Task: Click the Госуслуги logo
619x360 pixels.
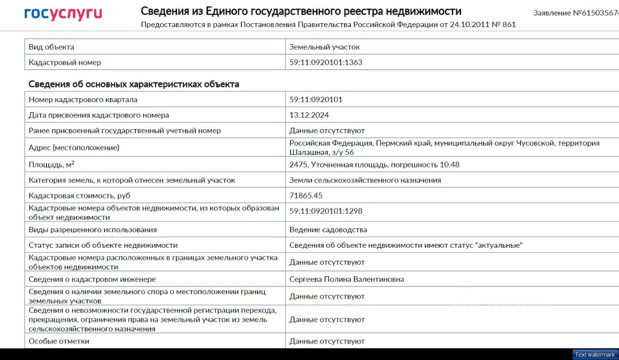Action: [x=63, y=14]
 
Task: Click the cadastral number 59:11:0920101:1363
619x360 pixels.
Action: [x=325, y=62]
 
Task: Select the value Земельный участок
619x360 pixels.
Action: [x=324, y=47]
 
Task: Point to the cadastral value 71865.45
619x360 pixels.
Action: [x=306, y=195]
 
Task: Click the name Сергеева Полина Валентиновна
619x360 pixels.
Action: [x=346, y=279]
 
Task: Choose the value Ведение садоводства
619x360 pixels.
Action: [x=328, y=230]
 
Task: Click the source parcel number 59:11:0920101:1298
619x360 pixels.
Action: [x=325, y=211]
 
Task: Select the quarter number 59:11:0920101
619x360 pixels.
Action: [x=316, y=100]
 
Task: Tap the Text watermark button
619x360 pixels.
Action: [x=595, y=355]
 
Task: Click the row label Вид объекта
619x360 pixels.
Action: [x=51, y=47]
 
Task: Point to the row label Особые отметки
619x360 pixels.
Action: [x=59, y=341]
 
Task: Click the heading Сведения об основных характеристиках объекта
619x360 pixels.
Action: [x=134, y=84]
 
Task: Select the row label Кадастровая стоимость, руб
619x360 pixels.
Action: [x=79, y=195]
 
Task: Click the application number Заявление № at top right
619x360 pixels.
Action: [x=575, y=13]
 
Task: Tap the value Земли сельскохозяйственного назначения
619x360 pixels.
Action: [x=365, y=180]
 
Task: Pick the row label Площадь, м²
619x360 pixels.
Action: [x=51, y=165]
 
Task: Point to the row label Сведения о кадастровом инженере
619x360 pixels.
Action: [x=92, y=279]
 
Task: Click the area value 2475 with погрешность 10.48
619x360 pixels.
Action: [x=374, y=165]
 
